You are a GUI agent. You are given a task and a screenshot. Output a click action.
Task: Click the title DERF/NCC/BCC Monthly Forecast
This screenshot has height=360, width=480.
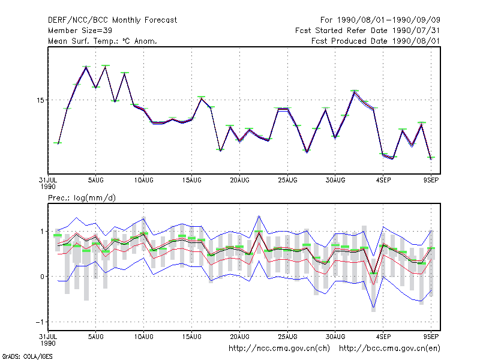click(x=112, y=20)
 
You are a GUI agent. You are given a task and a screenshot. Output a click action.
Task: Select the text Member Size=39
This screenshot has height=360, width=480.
click(x=80, y=31)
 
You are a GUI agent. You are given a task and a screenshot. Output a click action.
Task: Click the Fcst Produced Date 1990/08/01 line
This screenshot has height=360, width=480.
click(x=376, y=41)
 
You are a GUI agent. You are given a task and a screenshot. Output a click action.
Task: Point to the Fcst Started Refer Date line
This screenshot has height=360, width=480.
click(x=368, y=31)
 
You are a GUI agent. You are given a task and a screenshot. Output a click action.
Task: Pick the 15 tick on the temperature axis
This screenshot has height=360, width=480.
click(x=40, y=100)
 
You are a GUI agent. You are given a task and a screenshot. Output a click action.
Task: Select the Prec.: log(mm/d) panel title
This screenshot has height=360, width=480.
click(x=82, y=198)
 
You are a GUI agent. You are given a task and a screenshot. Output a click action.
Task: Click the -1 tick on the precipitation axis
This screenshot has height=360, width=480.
click(x=40, y=322)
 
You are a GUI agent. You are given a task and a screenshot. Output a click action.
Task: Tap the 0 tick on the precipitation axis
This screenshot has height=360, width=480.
click(x=42, y=277)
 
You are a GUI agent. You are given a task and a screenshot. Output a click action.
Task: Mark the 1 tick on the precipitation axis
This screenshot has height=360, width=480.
click(x=42, y=232)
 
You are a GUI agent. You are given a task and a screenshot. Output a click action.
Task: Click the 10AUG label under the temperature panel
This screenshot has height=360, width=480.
click(x=143, y=181)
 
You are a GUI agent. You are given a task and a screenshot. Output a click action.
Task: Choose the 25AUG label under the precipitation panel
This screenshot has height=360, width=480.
click(x=287, y=337)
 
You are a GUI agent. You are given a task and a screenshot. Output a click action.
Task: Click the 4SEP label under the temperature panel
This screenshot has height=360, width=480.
click(x=383, y=181)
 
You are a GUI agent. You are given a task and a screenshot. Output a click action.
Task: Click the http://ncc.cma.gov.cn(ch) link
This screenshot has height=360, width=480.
click(x=279, y=349)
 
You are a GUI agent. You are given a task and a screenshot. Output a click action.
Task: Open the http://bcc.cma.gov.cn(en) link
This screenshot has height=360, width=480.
click(x=389, y=349)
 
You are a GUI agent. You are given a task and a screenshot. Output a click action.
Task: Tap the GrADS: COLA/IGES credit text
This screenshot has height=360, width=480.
click(x=27, y=356)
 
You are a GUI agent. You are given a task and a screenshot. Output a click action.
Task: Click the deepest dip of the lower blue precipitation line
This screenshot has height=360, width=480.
click(x=373, y=307)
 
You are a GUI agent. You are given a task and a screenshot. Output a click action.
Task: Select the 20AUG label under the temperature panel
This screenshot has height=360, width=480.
click(x=239, y=181)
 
